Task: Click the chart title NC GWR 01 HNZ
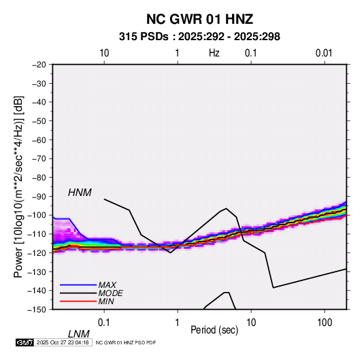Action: (x=199, y=19)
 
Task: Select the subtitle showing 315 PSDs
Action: (x=199, y=37)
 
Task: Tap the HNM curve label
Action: (x=80, y=193)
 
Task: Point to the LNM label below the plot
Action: (x=79, y=334)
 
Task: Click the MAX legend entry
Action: (x=107, y=284)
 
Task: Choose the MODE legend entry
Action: (x=110, y=293)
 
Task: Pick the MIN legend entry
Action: (x=106, y=301)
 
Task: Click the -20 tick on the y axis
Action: (x=39, y=65)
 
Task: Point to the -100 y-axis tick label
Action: (x=37, y=215)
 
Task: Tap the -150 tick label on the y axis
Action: (x=37, y=310)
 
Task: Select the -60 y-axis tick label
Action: (x=39, y=140)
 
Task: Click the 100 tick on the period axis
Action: (x=325, y=323)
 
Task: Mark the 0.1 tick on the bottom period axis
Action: (x=104, y=323)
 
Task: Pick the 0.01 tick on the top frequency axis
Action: (x=324, y=53)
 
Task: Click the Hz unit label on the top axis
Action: (x=214, y=53)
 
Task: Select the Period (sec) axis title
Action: (x=214, y=330)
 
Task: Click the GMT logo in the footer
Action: (x=25, y=342)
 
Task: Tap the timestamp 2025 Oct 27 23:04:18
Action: (x=63, y=342)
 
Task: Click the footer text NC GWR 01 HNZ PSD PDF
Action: (x=126, y=342)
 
